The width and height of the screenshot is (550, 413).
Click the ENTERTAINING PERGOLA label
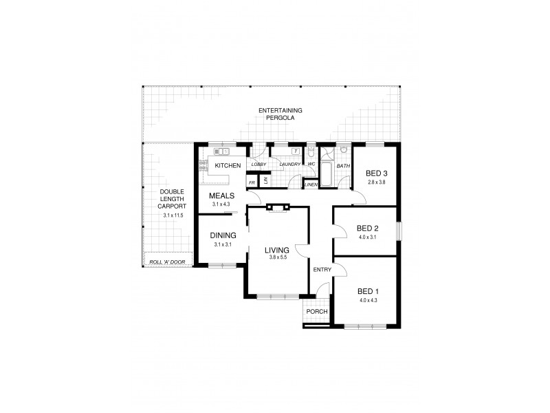point(280,114)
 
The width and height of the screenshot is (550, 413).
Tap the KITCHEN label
point(228,166)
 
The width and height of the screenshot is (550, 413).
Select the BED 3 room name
point(377,173)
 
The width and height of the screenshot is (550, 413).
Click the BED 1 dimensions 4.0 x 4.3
point(368,300)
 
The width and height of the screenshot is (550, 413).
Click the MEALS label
point(223,196)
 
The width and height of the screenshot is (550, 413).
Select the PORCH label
point(317,312)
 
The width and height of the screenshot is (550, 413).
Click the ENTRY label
point(322,269)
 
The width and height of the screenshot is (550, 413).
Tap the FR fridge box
point(252,182)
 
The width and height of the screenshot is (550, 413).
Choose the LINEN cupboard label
point(310,184)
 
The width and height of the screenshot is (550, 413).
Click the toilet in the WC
point(311,153)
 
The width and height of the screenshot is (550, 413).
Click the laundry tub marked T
point(295,151)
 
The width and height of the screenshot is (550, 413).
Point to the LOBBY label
point(258,165)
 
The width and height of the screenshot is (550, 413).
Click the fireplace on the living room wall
point(279,206)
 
